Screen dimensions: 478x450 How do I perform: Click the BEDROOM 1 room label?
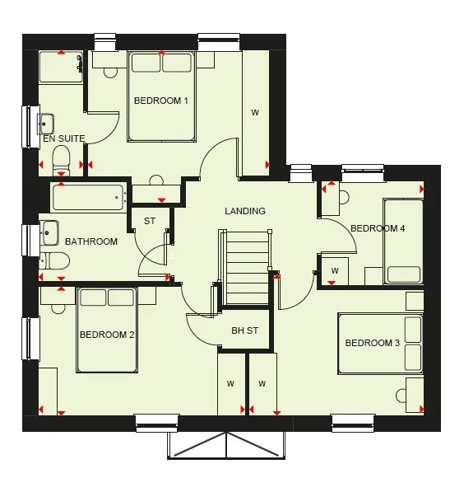162,101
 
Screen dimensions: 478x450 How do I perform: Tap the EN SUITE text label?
64,139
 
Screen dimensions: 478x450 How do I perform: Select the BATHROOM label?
91,242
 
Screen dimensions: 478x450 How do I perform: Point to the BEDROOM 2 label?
107,335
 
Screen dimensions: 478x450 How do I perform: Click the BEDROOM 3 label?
372,343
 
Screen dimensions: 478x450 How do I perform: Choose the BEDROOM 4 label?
378,228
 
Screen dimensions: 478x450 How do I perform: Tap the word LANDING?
245,211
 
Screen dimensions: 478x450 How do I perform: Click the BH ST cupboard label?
244,330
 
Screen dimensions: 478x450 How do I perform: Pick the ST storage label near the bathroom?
150,222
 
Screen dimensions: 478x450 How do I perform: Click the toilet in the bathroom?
55,261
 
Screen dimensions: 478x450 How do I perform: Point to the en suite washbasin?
47,124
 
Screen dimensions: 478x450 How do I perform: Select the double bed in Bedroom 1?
161,96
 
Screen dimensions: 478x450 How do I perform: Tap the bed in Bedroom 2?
106,330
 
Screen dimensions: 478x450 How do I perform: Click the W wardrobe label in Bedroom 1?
255,112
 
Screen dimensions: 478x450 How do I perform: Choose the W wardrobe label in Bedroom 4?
335,270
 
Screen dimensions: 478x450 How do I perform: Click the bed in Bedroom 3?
380,344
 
